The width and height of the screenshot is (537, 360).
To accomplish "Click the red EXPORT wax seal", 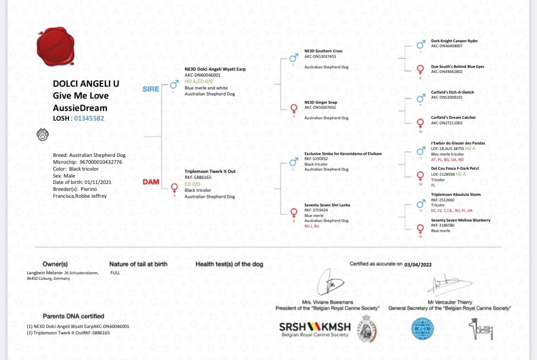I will [56, 46].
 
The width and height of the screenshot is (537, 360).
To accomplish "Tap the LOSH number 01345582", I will [89, 118].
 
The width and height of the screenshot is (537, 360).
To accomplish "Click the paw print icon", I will [43, 135].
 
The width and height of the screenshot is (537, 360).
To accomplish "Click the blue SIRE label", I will [151, 89].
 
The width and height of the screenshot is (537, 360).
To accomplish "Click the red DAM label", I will [151, 182].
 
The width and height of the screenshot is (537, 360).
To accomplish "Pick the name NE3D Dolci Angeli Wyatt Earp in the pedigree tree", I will [215, 69].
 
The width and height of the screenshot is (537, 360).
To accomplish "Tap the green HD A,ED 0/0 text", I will [199, 81].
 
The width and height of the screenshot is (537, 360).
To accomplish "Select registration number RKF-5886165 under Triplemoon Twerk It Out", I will [198, 177].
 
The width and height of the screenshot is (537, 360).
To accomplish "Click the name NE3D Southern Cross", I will [323, 51].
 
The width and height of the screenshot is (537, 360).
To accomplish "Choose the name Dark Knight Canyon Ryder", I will [454, 41].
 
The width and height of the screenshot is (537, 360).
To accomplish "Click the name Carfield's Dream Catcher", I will [453, 117].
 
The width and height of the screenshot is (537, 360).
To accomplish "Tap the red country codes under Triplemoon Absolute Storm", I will [452, 210].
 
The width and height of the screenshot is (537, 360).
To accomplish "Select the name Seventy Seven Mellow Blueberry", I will [460, 220].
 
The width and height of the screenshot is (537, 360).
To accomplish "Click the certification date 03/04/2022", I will [418, 264].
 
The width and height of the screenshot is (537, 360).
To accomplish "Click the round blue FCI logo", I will [422, 328].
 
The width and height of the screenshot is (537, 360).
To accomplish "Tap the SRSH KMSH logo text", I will [315, 327].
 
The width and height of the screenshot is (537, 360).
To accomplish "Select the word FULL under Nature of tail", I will [115, 272].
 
